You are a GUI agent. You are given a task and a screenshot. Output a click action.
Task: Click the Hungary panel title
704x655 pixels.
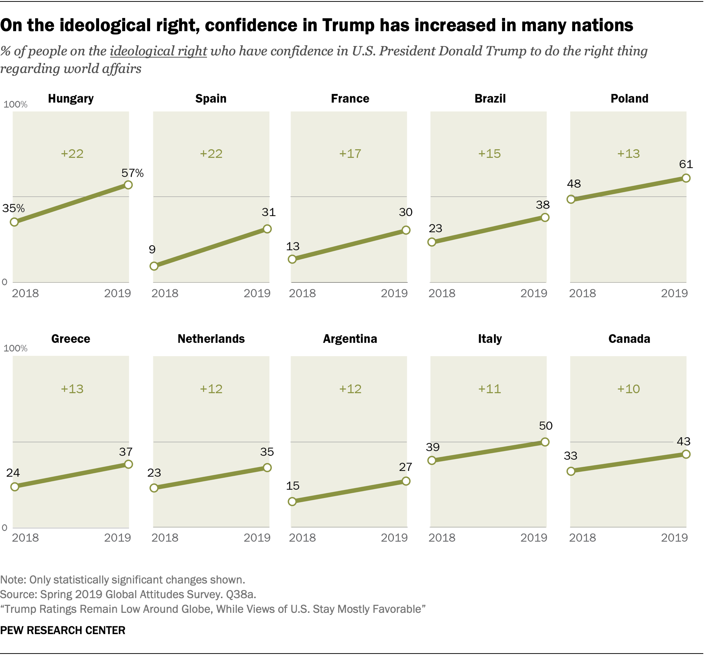pyautogui.click(x=71, y=99)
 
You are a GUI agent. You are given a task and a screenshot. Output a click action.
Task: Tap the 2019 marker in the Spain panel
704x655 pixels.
pyautogui.click(x=267, y=229)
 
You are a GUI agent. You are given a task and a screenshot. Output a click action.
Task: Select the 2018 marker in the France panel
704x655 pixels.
pyautogui.click(x=292, y=259)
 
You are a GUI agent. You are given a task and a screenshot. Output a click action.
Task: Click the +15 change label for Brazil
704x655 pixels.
pyautogui.click(x=489, y=153)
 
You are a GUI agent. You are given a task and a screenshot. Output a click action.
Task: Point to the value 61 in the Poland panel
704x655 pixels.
pyautogui.click(x=686, y=164)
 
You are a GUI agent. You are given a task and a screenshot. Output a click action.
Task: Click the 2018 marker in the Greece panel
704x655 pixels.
pyautogui.click(x=15, y=487)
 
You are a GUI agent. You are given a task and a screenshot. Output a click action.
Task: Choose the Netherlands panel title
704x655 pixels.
pyautogui.click(x=211, y=339)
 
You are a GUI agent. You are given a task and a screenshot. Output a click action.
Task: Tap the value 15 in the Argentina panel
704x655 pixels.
pyautogui.click(x=293, y=486)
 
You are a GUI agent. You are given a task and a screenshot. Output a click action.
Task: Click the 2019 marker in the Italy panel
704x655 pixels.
pyautogui.click(x=545, y=442)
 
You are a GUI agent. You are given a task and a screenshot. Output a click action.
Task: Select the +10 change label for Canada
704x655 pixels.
pyautogui.click(x=628, y=389)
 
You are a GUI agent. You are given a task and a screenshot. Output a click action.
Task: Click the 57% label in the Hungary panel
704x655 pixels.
pyautogui.click(x=133, y=173)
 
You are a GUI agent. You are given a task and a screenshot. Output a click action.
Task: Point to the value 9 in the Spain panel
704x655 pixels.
pyautogui.click(x=152, y=249)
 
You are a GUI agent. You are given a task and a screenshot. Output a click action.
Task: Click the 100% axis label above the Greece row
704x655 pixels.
pyautogui.click(x=15, y=348)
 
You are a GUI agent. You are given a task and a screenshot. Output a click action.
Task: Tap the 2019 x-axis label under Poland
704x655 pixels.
pyautogui.click(x=674, y=293)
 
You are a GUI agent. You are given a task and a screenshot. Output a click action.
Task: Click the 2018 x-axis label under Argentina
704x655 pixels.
pyautogui.click(x=302, y=538)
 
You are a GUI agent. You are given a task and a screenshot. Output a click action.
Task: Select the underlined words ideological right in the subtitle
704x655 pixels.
pyautogui.click(x=159, y=51)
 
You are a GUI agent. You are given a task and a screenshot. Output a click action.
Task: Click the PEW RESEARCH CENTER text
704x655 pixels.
pyautogui.click(x=63, y=630)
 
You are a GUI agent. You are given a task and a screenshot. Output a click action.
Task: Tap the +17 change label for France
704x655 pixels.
pyautogui.click(x=350, y=153)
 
